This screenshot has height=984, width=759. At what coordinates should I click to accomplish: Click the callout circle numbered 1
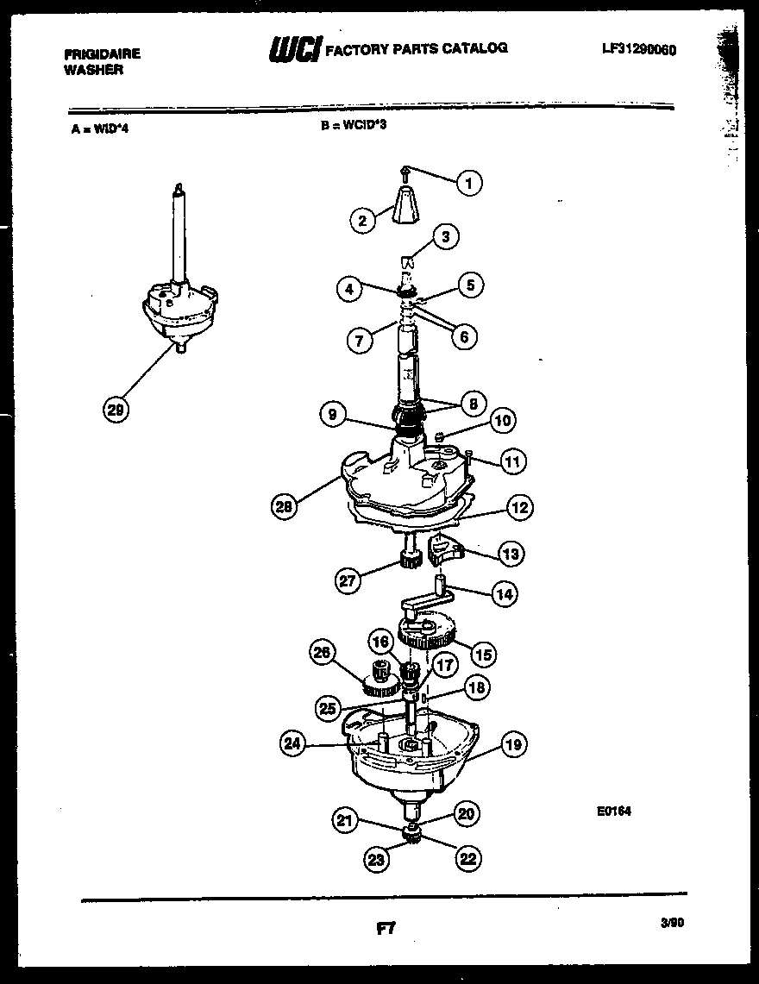[x=469, y=183]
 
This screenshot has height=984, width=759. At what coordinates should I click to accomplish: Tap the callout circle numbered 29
[x=115, y=411]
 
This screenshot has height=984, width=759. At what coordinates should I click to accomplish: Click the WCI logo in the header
[x=294, y=50]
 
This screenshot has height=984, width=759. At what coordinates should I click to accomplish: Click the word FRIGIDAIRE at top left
[x=102, y=53]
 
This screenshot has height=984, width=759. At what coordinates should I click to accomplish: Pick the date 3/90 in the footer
[x=672, y=922]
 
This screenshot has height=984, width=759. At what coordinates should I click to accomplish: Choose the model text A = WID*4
[x=100, y=131]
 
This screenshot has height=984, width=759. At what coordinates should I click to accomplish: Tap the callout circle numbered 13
[x=511, y=554]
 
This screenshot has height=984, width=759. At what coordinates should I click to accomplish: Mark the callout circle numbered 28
[x=284, y=508]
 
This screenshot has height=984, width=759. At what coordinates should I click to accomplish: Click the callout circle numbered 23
[x=376, y=858]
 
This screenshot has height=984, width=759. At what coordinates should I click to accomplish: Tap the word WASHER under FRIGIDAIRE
[x=93, y=70]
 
